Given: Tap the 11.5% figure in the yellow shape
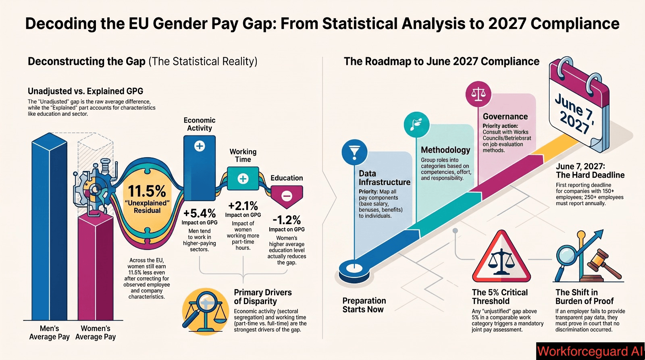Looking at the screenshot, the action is pos(147,191).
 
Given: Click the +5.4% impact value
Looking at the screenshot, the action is pos(200,213).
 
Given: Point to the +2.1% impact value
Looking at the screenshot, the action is pos(243,206).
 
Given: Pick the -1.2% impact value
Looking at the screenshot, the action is pos(287,221).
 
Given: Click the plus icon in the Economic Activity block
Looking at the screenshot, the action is pos(200,146).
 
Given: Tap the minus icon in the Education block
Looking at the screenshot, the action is pos(287,196).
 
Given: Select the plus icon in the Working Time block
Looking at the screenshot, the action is pos(243,179).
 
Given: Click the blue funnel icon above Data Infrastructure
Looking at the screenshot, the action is pos(354,152).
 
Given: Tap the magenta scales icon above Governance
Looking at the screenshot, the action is pos(478,94).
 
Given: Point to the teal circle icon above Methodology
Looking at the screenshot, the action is pos(416,125).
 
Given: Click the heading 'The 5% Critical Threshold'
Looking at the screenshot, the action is pos(499,297).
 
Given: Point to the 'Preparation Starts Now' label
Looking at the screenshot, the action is pos(364,305).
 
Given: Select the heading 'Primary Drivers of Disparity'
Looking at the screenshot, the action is pos(262,297).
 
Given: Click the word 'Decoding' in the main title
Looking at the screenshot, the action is pos(61,24).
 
